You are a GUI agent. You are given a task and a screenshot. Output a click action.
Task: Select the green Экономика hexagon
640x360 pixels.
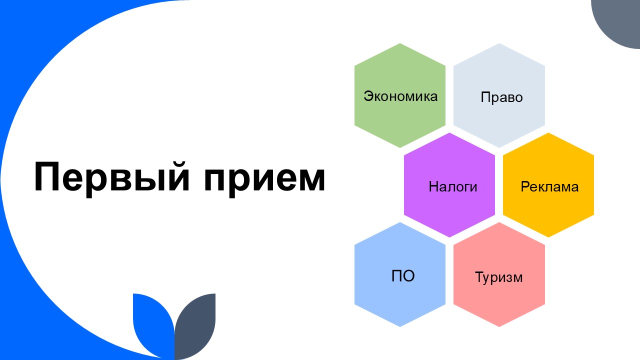pos(400,95)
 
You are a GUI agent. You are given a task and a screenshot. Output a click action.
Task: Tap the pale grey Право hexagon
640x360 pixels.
pos(499,95)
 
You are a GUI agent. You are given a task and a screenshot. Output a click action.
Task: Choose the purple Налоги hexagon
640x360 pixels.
pos(449,185)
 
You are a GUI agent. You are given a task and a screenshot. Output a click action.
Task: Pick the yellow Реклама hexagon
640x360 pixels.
pos(548,185)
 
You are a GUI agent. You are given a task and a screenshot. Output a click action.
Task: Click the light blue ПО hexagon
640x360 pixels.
pos(400,274)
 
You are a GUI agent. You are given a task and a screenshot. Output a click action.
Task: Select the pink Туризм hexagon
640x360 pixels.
pos(499,274)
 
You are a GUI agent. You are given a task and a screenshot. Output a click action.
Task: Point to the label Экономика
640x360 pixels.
pos(400,96)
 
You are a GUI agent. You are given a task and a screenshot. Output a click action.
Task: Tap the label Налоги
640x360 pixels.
pos(453,186)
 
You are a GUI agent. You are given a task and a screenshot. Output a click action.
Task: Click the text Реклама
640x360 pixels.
pos(549,186)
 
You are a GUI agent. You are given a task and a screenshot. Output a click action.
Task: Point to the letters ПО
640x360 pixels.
pos(403,276)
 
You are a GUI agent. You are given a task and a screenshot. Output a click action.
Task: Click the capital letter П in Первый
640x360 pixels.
pos(46,176)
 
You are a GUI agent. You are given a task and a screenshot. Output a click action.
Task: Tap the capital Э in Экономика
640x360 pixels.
pos(369,96)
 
